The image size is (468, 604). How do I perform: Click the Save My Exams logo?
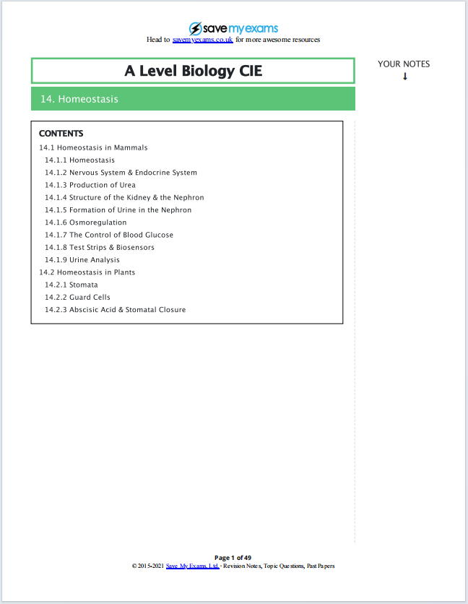233,28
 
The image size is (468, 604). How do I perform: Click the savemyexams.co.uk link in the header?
203,40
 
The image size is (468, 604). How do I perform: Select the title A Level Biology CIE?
193,71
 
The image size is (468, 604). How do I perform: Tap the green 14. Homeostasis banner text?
79,99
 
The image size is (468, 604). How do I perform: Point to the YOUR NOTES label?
404,64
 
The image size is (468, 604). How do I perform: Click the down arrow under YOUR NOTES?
404,77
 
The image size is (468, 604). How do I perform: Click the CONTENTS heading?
61,134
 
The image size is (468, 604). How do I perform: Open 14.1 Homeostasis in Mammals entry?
93,147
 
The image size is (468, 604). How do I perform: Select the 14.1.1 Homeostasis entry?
79,160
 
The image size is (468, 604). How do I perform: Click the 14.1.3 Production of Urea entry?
90,185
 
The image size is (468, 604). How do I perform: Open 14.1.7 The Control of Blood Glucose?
109,235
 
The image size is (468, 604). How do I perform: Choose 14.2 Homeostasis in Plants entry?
87,272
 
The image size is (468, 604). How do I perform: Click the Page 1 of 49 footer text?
233,558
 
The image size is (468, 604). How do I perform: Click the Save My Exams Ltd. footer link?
192,566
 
